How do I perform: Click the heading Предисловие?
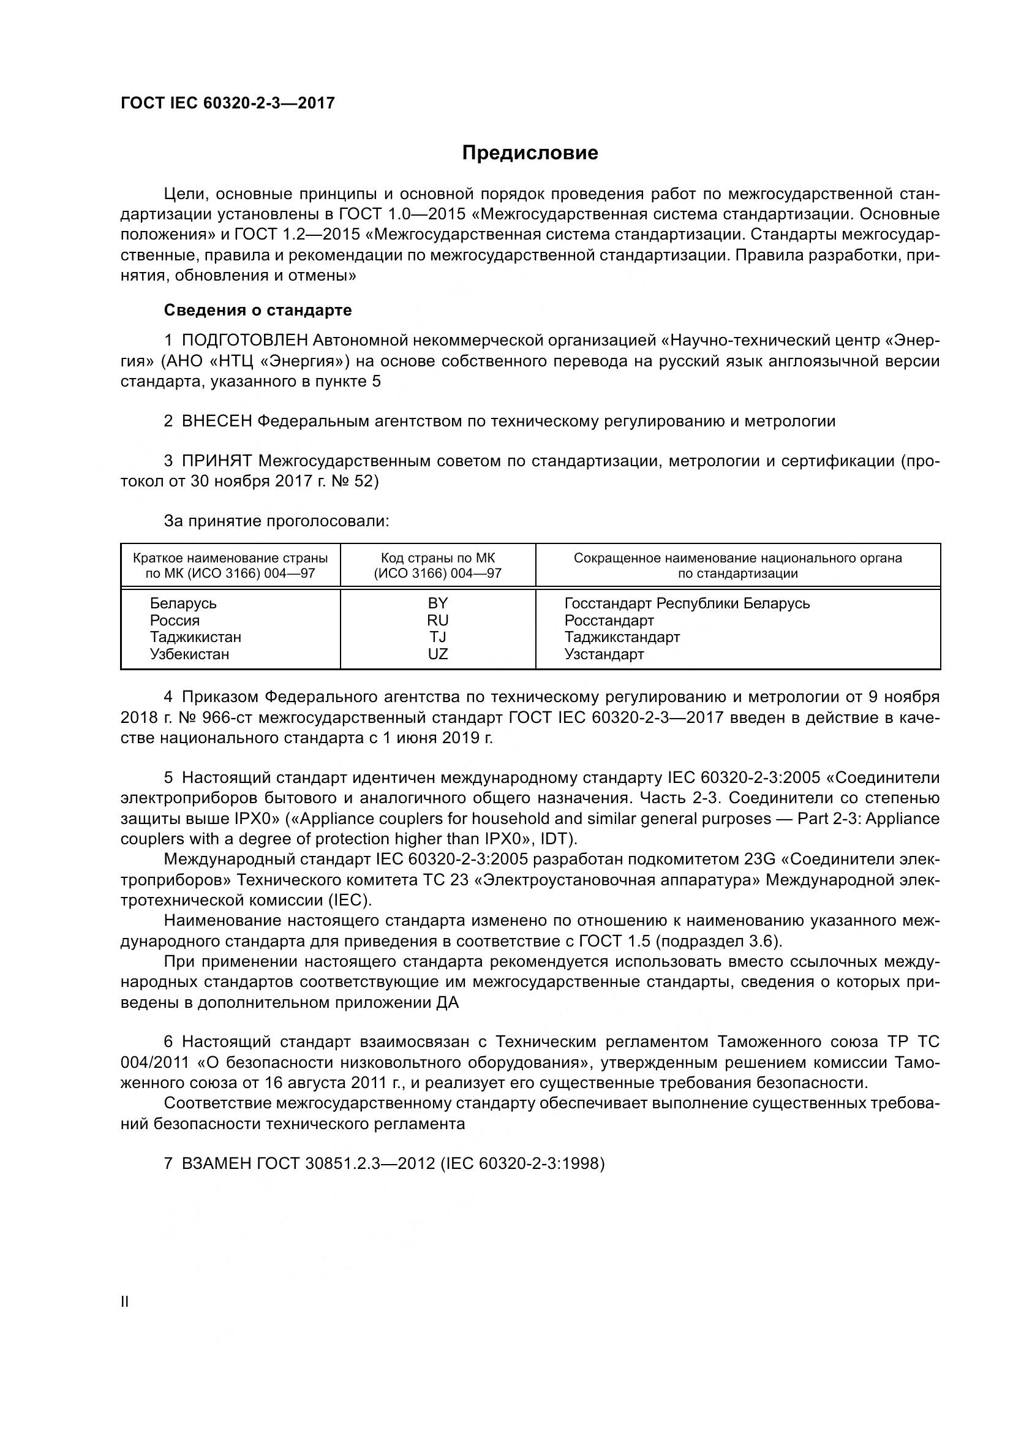pos(530,153)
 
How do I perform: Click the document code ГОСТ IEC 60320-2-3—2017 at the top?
pos(228,103)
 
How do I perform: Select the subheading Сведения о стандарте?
pos(258,310)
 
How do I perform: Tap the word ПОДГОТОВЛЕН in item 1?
pos(244,341)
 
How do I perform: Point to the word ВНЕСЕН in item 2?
pos(216,422)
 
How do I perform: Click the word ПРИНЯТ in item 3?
pos(217,461)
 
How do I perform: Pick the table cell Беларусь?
pos(183,603)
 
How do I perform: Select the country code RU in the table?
pos(437,621)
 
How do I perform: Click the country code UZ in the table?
pos(437,654)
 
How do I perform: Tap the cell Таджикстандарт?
pos(621,637)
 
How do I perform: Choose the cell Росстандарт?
pos(609,621)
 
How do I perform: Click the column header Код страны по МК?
pos(437,558)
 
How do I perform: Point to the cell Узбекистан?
pos(189,654)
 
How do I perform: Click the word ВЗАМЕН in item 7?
pos(216,1164)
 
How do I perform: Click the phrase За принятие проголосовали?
pos(276,521)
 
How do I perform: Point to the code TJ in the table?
pos(437,637)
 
